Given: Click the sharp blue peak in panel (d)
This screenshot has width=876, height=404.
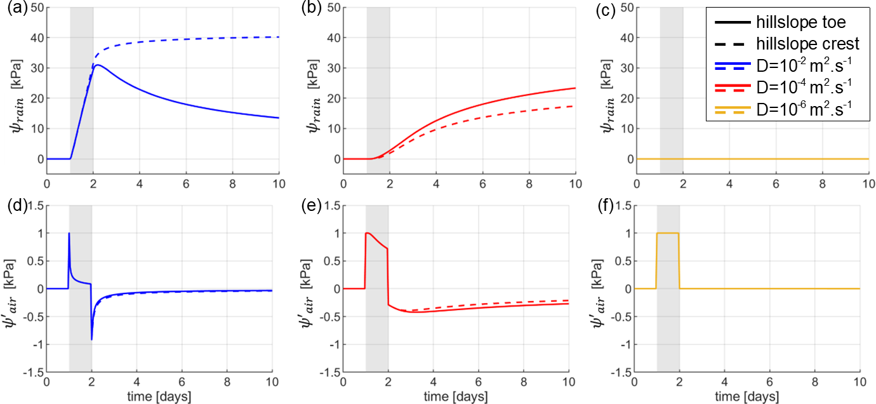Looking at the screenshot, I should pos(69,234).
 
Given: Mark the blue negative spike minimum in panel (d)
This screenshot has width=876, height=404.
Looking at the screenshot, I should pos(92,339).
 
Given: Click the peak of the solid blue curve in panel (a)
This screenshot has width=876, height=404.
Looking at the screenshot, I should pos(98,65).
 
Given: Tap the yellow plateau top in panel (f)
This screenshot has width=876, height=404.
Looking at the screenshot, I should pos(668,233).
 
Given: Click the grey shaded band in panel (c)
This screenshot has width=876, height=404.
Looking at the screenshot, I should pos(672,95).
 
